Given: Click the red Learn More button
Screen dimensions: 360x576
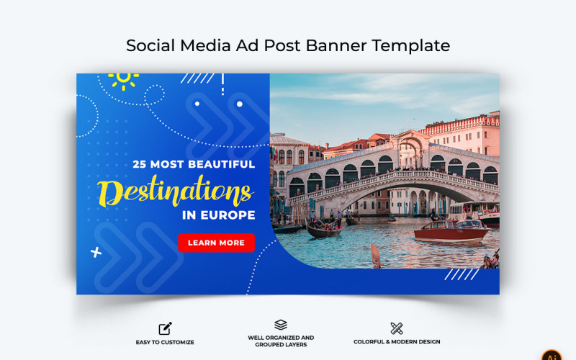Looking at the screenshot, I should tap(216, 243).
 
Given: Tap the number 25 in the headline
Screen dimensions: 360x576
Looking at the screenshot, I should tap(140, 164).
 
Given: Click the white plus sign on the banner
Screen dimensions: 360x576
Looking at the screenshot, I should tap(96, 252).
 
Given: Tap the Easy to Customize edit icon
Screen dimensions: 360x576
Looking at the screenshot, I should tap(165, 328).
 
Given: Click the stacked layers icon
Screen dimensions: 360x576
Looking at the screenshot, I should tap(281, 325).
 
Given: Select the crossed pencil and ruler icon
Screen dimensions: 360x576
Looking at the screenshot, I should tap(397, 328).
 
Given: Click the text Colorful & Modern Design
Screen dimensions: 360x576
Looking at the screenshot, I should tap(397, 342).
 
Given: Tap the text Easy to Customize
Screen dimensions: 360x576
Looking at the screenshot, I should tap(165, 342).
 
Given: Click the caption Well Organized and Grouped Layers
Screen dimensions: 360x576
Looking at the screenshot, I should tap(281, 341).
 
